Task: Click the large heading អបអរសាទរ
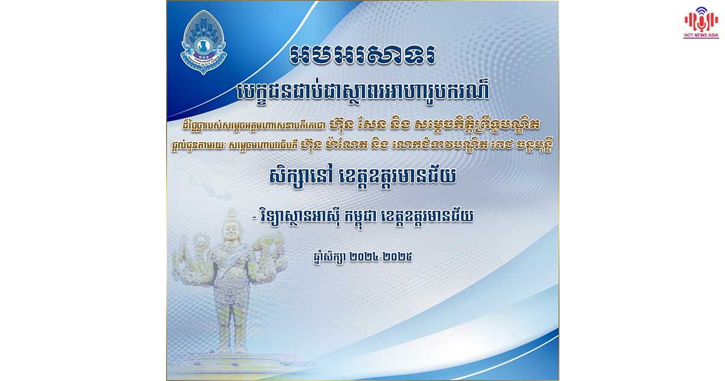click(362, 55)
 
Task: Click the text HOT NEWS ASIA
click(701, 35)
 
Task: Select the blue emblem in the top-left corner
click(203, 42)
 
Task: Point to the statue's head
click(230, 224)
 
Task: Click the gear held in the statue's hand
click(201, 241)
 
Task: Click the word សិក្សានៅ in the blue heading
click(301, 177)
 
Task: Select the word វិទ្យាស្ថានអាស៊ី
click(300, 217)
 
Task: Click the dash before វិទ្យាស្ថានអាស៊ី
click(254, 217)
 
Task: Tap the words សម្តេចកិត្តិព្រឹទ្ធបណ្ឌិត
click(477, 125)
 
